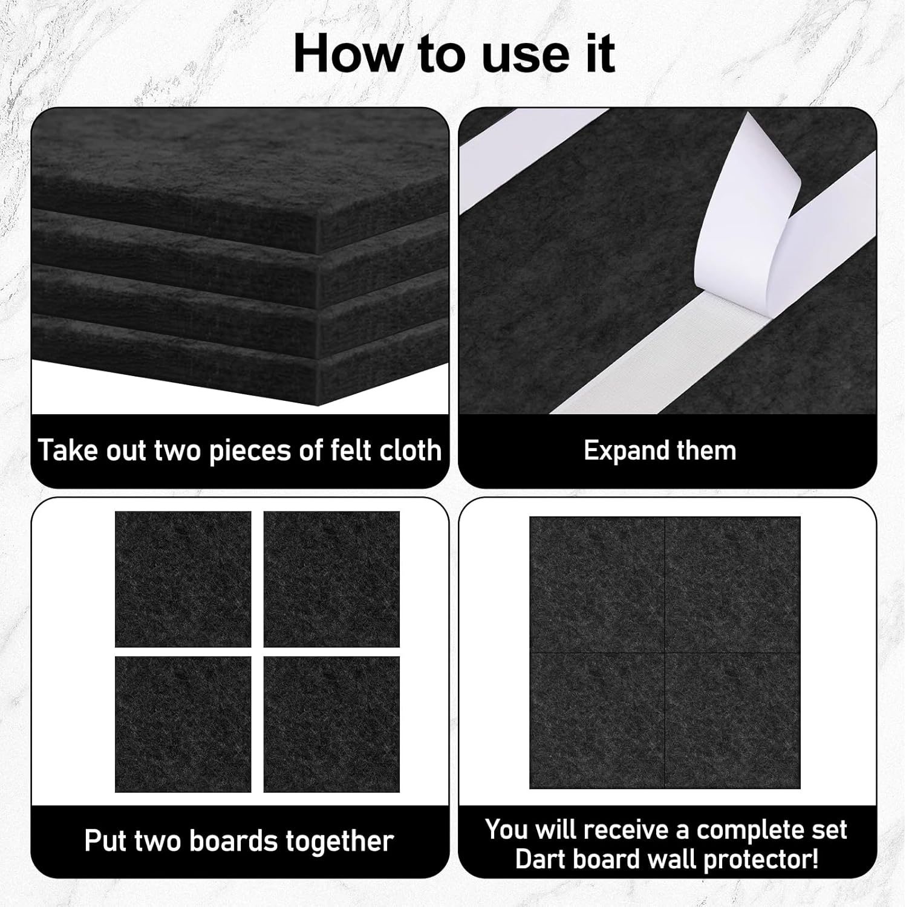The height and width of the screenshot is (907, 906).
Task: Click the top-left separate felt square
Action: pos(183,579)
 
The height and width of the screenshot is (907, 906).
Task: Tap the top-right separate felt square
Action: pos(331,579)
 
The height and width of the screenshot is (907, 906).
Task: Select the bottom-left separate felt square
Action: pos(183,724)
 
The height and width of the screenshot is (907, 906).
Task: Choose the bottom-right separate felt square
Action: pos(331,724)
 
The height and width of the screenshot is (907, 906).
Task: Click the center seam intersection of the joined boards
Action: pos(665,653)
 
